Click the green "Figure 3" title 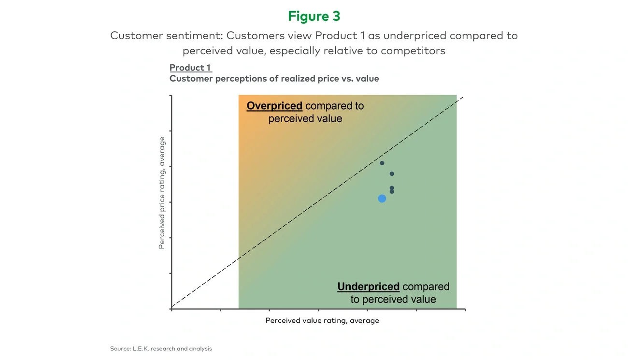(x=314, y=16)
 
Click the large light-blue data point (x=382, y=199)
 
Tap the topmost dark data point (x=382, y=163)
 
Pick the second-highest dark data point (x=392, y=174)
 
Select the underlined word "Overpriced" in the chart (x=274, y=106)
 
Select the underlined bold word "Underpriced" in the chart (x=368, y=287)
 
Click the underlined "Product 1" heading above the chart (x=190, y=68)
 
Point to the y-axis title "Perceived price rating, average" (x=162, y=193)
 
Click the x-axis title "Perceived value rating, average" (x=322, y=320)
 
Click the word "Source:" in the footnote (x=120, y=348)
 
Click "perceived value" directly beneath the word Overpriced (x=305, y=119)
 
